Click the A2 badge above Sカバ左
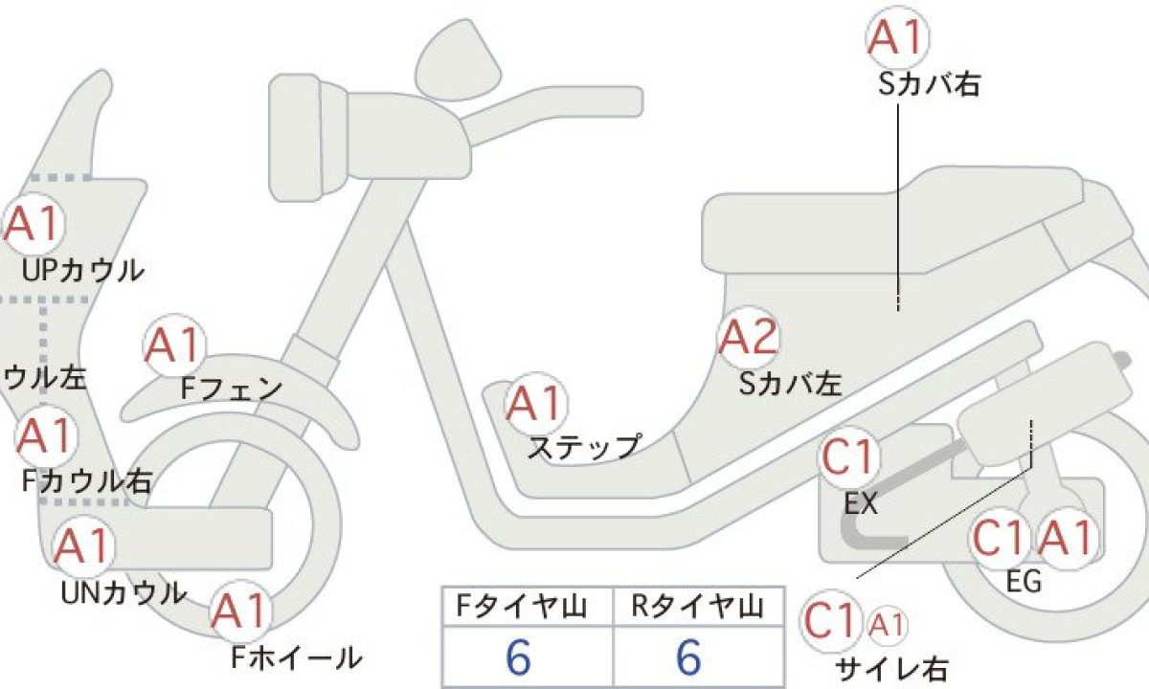(749, 338)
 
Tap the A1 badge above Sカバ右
(898, 37)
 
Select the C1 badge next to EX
(848, 457)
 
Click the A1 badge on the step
(536, 404)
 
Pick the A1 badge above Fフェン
(174, 344)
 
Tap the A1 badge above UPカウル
(34, 224)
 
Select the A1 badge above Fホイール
(240, 611)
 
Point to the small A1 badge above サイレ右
(887, 625)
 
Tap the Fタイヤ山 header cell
(528, 607)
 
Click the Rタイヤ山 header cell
(699, 607)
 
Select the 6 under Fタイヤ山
(518, 656)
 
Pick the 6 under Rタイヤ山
(688, 656)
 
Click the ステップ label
(585, 448)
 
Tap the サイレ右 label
(891, 669)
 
